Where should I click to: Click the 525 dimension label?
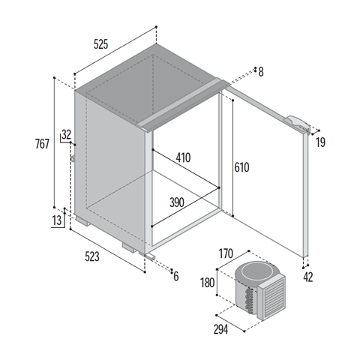100,44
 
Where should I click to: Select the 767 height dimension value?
42,144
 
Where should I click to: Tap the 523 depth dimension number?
92,256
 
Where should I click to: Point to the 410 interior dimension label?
183,157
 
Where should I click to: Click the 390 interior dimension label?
177,202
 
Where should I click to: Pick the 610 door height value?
241,167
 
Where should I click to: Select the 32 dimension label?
67,135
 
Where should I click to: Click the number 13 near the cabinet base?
57,220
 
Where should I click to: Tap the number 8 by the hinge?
261,72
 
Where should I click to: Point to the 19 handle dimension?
320,142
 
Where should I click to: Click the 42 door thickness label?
308,277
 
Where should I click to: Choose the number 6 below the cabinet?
176,277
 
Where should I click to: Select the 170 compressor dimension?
226,253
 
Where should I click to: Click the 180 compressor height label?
208,283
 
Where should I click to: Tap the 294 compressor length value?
220,329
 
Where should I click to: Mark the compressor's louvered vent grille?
273,298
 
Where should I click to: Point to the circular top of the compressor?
255,271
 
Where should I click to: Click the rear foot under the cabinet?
82,221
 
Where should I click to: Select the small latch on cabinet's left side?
73,158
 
